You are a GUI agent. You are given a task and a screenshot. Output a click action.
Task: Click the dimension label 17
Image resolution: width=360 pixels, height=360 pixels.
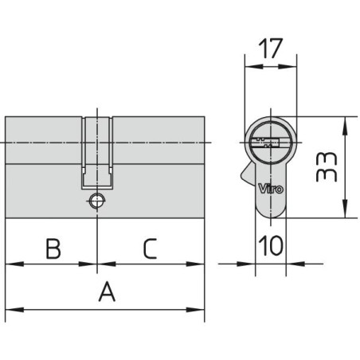[270, 48]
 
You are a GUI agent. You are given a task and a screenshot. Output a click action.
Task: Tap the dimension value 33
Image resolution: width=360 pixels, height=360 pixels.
[327, 167]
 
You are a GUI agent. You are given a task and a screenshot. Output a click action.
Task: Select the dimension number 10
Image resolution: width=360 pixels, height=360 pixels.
[271, 245]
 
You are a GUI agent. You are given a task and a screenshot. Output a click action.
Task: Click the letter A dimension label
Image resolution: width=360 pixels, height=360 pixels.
[107, 292]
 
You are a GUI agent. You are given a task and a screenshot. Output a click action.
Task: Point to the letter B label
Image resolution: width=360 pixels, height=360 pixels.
[53, 248]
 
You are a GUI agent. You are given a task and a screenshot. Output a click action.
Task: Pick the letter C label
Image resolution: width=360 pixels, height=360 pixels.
[151, 248]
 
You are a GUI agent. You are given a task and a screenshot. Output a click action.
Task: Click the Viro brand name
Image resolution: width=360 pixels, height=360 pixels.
[271, 189]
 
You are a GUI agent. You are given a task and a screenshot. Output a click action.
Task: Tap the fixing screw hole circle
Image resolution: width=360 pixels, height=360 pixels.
[96, 201]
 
